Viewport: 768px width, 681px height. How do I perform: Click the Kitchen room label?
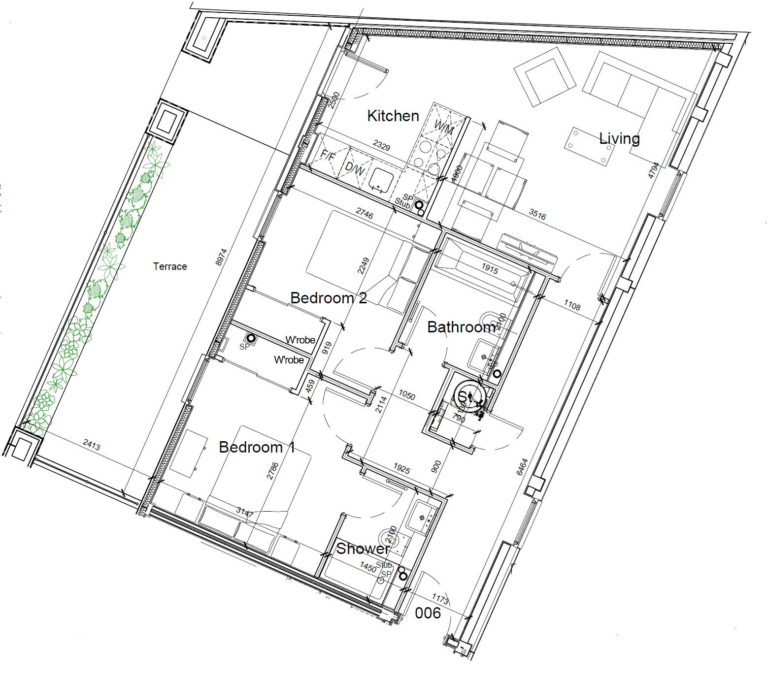[x=393, y=116]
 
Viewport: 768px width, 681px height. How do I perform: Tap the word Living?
[x=619, y=139]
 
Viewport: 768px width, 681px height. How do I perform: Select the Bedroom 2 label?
[x=329, y=298]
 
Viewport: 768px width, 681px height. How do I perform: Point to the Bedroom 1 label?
[x=257, y=447]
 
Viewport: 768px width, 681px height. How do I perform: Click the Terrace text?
[x=170, y=266]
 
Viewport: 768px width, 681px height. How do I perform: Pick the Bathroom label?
[x=462, y=327]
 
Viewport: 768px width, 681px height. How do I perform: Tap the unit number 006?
[x=428, y=613]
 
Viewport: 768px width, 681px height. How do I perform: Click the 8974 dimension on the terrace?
[x=221, y=257]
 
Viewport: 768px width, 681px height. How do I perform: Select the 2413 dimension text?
[x=92, y=445]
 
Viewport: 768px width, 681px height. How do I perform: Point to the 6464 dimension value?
[x=522, y=467]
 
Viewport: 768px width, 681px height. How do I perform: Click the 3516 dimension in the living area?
[x=537, y=214]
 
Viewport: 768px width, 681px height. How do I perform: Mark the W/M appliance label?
[x=443, y=128]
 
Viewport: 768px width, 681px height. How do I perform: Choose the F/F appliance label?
[x=328, y=156]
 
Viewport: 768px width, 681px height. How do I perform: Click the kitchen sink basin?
[x=381, y=180]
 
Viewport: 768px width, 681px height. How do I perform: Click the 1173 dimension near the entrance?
[x=440, y=599]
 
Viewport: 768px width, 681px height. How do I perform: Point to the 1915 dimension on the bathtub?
[x=490, y=268]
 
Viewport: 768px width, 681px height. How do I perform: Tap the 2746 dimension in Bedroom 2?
[x=365, y=213]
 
